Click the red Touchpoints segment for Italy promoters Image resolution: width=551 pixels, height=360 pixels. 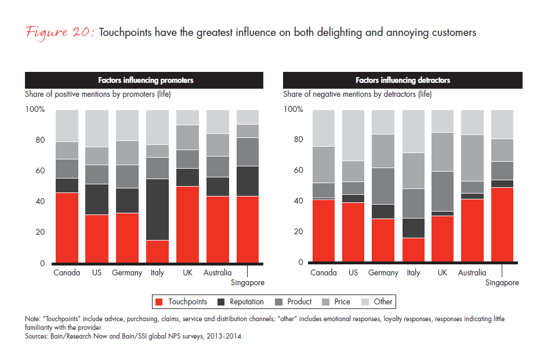pos(157,251)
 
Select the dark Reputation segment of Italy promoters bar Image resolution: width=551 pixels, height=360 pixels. pos(157,209)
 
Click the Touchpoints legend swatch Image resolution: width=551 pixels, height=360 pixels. pos(158,302)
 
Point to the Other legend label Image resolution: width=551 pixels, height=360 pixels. pos(383,302)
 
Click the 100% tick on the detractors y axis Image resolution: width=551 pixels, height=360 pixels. pos(293,110)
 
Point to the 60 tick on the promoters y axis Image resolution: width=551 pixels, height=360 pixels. pos(39,171)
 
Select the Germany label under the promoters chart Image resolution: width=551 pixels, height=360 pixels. pos(127,272)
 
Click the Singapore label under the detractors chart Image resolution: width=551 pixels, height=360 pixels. pos(502,283)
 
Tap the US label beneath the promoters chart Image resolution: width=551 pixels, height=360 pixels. pos(97,272)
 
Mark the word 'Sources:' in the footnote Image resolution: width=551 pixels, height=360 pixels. pos(37,334)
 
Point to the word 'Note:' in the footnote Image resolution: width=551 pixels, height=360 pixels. pos(33,318)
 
